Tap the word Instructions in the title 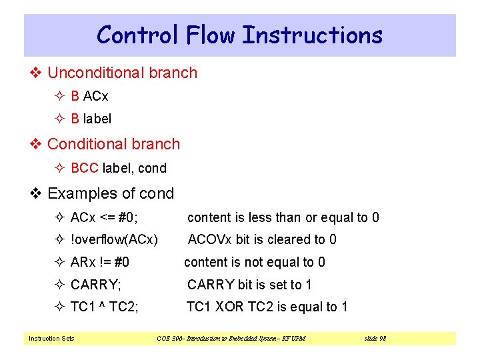pyautogui.click(x=312, y=35)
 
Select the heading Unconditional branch pyautogui.click(x=122, y=73)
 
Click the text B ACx pyautogui.click(x=89, y=96)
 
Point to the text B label pyautogui.click(x=91, y=119)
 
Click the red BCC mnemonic pyautogui.click(x=85, y=168)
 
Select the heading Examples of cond pyautogui.click(x=111, y=193)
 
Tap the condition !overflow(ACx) pyautogui.click(x=114, y=239)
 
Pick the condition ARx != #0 pyautogui.click(x=100, y=262)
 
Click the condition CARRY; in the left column pyautogui.click(x=96, y=285)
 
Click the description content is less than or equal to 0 pyautogui.click(x=283, y=217)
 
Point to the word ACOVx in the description pyautogui.click(x=209, y=239)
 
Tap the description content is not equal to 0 pyautogui.click(x=255, y=262)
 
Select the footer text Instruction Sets pyautogui.click(x=51, y=339)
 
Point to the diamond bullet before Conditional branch pyautogui.click(x=37, y=144)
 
